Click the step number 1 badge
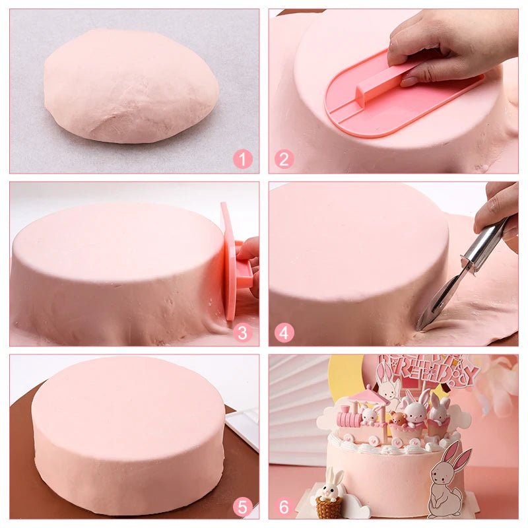click(x=243, y=158)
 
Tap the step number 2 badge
click(x=284, y=158)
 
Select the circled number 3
click(x=243, y=333)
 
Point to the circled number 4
click(x=284, y=333)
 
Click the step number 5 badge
click(x=243, y=506)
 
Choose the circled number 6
click(x=284, y=506)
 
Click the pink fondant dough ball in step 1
click(x=131, y=84)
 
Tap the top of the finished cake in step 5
click(x=129, y=403)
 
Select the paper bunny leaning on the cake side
click(x=449, y=482)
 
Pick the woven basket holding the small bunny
click(x=329, y=508)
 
